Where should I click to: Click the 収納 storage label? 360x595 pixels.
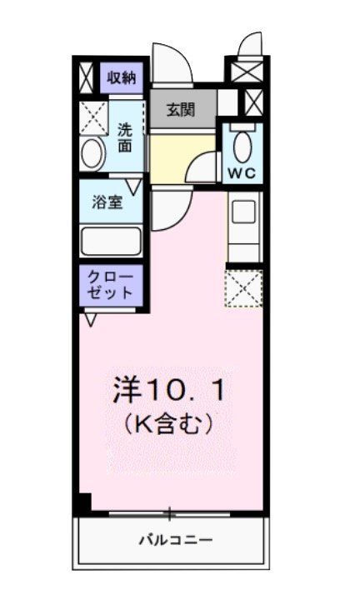(x=122, y=78)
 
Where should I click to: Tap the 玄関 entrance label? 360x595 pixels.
(x=180, y=110)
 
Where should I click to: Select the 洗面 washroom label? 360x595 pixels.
(x=124, y=137)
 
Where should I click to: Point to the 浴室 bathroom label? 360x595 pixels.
(x=107, y=202)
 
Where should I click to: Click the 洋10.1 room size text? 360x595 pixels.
(x=168, y=388)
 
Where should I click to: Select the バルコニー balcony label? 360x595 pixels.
(x=175, y=540)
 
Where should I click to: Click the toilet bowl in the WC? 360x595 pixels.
(x=242, y=147)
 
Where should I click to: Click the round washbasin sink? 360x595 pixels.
(x=92, y=153)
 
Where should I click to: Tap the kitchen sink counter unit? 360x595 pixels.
(x=244, y=223)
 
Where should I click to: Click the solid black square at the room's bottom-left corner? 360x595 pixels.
(x=82, y=503)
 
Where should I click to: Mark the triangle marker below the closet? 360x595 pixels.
(x=91, y=318)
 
